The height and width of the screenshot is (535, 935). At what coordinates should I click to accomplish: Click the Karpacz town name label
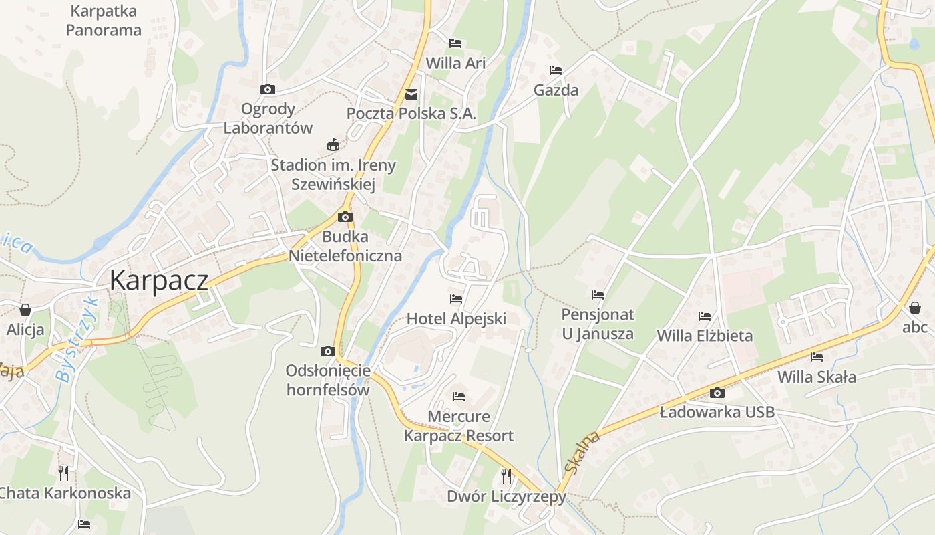pos(159,280)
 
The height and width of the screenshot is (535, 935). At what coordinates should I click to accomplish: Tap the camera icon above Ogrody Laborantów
pos(267,89)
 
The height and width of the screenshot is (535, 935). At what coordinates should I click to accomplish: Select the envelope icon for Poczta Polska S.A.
pos(411,94)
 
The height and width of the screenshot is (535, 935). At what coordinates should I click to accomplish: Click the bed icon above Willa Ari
pos(455,43)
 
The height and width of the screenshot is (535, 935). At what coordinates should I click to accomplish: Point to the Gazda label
pos(556,90)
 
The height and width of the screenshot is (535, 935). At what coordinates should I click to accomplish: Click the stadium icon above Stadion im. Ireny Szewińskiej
pos(333,144)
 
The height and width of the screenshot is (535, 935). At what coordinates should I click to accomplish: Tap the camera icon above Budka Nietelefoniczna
pos(345,217)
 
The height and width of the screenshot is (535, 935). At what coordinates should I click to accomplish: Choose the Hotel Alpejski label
pos(456,318)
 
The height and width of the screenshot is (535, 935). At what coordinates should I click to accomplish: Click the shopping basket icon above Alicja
pos(25,309)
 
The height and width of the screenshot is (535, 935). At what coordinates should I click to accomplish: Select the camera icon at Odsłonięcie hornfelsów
pos(327,351)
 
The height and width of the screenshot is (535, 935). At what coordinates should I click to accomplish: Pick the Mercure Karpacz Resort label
pos(459,426)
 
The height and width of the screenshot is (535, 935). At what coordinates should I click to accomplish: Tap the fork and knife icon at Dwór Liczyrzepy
pos(506,475)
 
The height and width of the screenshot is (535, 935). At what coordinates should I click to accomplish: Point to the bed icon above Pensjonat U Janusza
pos(598,294)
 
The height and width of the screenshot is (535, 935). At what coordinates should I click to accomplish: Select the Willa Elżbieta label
pos(705,335)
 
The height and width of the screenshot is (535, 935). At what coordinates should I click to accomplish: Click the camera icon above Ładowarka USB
pos(717,393)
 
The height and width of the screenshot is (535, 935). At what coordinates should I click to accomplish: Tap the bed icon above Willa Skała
pos(816,357)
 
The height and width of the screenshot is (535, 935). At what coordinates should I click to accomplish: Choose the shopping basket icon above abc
pos(915,308)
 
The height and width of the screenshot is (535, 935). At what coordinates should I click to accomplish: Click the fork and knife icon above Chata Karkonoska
pos(63,473)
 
